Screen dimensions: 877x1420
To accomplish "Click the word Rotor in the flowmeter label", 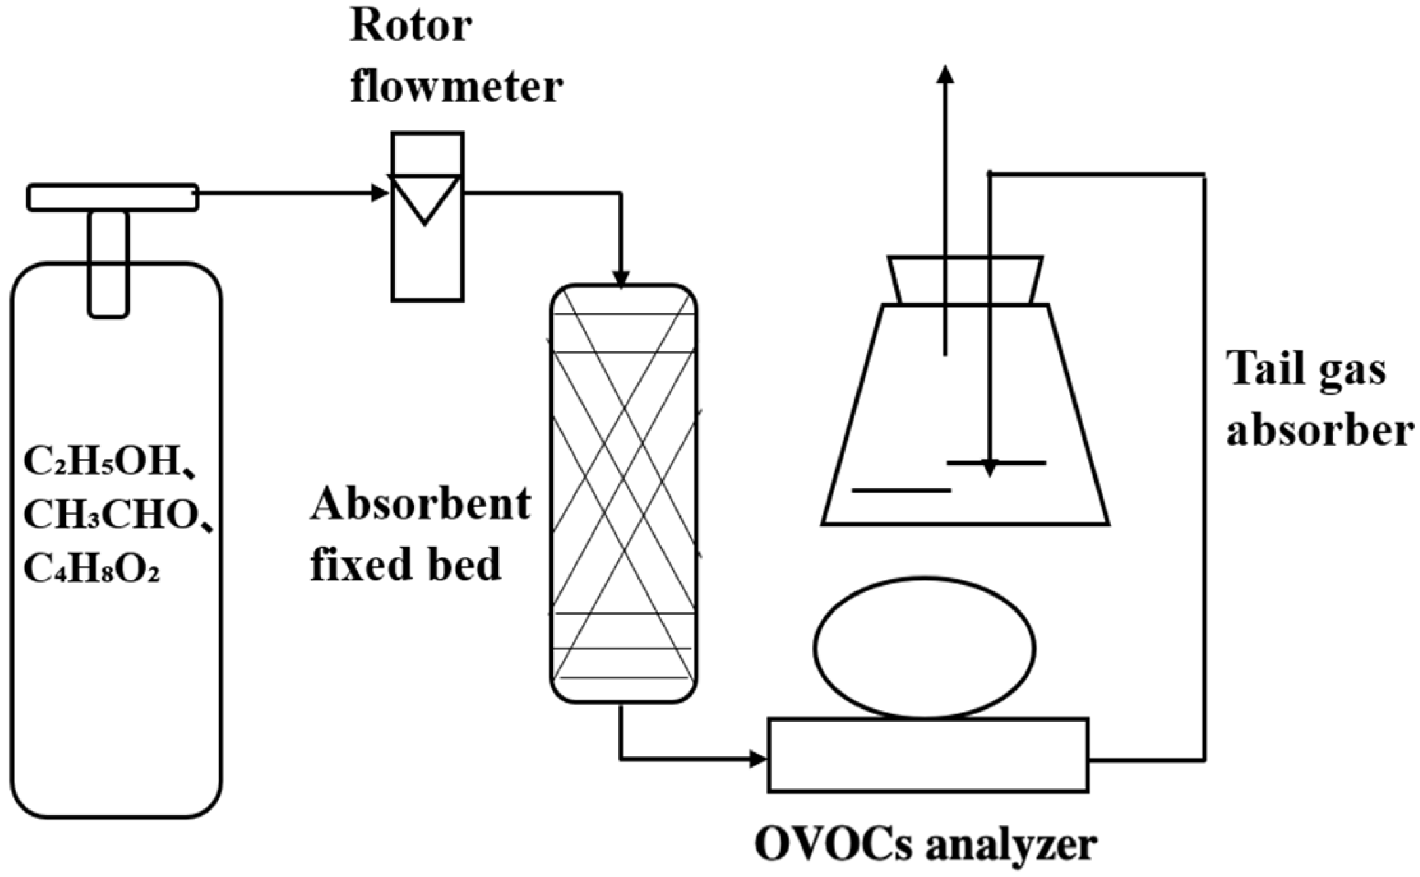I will pyautogui.click(x=410, y=27).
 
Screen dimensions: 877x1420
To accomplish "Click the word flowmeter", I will pyautogui.click(x=456, y=87).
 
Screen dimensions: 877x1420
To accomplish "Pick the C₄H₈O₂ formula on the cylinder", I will pyautogui.click(x=92, y=568).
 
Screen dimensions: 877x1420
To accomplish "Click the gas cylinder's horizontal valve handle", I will pyautogui.click(x=113, y=197).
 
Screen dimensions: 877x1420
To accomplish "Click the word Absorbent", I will pyautogui.click(x=420, y=505).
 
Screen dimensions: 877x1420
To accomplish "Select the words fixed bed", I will pyautogui.click(x=406, y=564).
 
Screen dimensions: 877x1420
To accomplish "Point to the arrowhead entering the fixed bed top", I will pyautogui.click(x=620, y=278).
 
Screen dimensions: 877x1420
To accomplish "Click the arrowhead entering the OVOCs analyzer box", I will pyautogui.click(x=758, y=758).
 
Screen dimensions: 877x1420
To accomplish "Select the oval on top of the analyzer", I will pyautogui.click(x=924, y=648).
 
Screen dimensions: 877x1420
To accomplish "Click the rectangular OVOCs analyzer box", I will pyautogui.click(x=928, y=755).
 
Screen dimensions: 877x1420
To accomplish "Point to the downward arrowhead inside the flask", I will pyautogui.click(x=990, y=468).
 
